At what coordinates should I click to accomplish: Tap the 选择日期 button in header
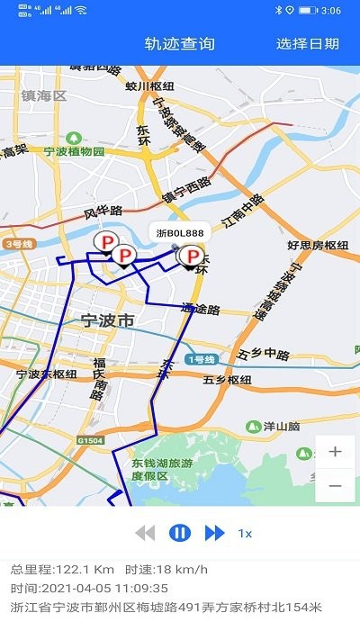coord(308,44)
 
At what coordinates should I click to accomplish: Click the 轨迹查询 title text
coord(180,44)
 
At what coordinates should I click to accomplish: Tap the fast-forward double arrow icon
coord(214,533)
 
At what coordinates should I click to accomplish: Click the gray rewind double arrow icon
coord(145,533)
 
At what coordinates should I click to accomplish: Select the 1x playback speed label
coord(245,534)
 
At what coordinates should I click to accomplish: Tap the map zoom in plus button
coord(335,452)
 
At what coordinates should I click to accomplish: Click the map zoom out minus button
coord(335,485)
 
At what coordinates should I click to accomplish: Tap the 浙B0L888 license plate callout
coord(180,232)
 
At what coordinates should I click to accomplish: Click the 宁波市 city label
coord(107,320)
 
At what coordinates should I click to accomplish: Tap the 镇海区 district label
coord(45,95)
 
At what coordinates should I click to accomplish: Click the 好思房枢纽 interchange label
coord(318,245)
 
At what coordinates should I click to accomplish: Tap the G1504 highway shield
coord(90,440)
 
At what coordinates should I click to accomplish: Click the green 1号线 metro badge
coord(200,359)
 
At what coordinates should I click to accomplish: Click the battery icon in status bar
coord(308,10)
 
